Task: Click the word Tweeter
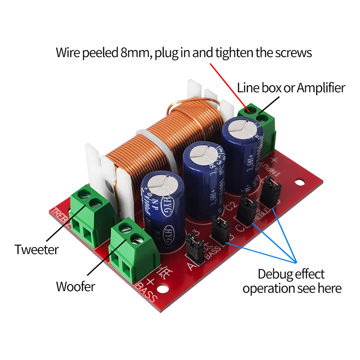36,249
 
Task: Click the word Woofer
76,287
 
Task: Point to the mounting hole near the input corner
298,182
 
